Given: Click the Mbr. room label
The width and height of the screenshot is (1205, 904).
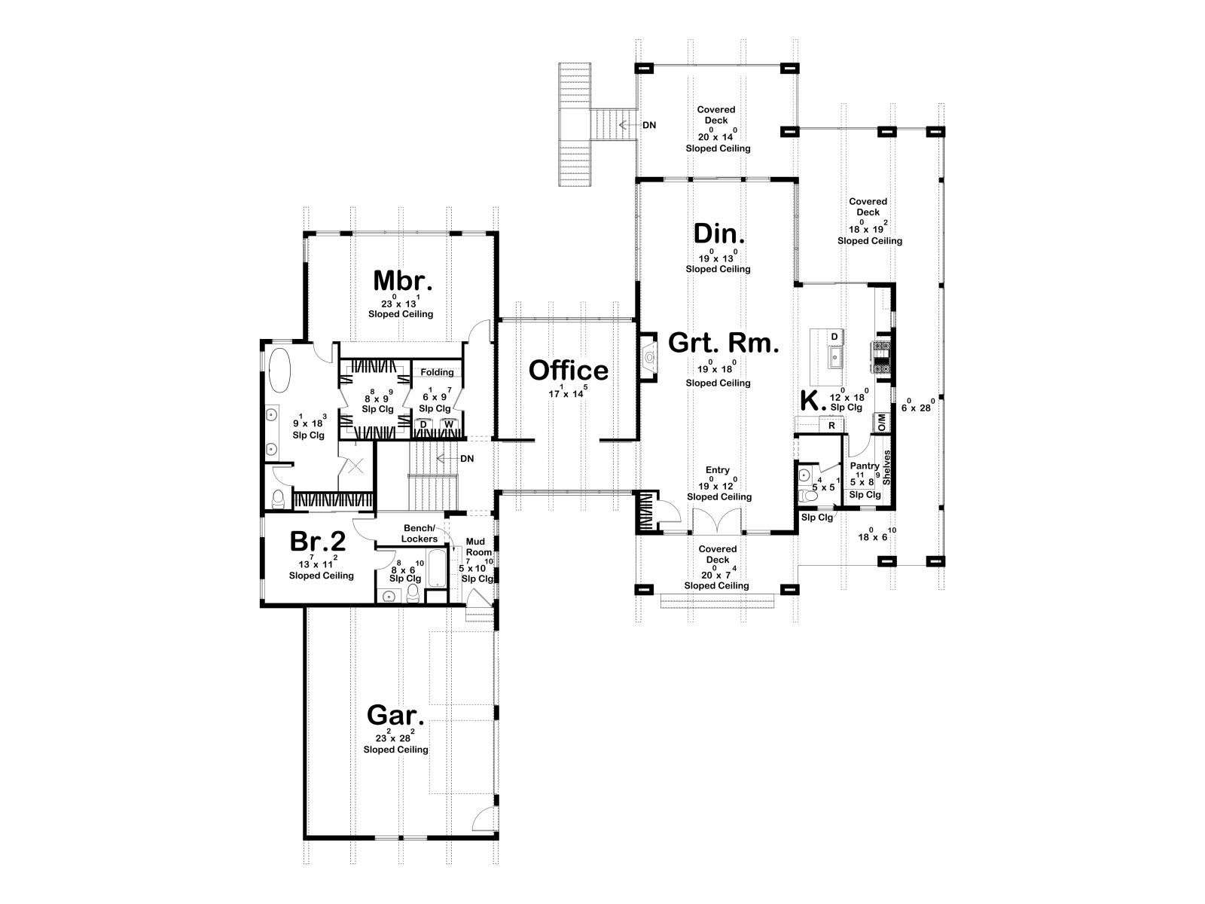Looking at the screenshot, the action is click(x=402, y=280).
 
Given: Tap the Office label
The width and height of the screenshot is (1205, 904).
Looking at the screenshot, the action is click(x=568, y=371).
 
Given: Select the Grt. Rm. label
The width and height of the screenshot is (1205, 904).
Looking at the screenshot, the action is click(x=724, y=343).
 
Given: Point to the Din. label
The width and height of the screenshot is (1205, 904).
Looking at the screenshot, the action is click(x=719, y=234).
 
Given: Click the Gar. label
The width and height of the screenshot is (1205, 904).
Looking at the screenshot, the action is click(x=395, y=715).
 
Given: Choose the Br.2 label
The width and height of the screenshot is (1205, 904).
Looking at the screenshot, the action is click(x=318, y=541).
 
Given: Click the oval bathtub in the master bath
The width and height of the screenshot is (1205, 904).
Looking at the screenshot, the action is click(x=280, y=371).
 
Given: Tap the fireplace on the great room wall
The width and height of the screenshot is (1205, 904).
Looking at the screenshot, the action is click(x=649, y=357).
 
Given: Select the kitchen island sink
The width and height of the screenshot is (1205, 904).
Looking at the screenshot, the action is click(x=834, y=357).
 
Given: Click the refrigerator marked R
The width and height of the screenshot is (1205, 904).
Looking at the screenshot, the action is click(x=831, y=426).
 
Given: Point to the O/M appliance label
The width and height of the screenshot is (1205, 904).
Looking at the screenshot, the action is click(x=882, y=422).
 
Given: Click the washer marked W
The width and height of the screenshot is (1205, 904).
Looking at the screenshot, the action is click(x=449, y=424).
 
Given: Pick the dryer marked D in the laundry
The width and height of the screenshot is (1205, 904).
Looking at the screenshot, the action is click(x=423, y=424).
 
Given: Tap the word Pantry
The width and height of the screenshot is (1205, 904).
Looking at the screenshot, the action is click(x=865, y=466).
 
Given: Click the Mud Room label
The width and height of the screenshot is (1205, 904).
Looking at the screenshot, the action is click(x=475, y=547).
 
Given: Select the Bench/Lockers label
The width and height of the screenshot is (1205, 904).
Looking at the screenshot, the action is click(x=419, y=533).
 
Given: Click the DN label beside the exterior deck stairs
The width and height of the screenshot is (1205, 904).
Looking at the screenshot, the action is click(x=649, y=125).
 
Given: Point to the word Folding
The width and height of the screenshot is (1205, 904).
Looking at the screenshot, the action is click(x=437, y=372).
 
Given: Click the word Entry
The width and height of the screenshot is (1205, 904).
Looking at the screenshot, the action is click(x=718, y=470).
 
